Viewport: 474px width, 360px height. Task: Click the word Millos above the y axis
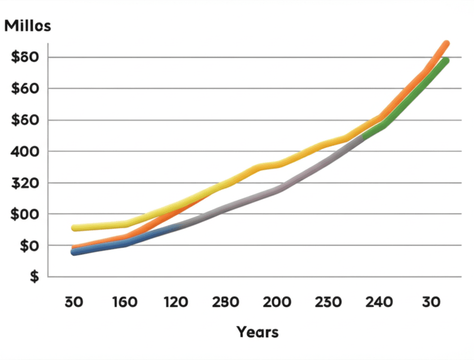(27, 26)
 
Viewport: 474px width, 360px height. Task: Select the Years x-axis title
(257, 332)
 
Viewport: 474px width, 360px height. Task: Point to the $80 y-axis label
(23, 57)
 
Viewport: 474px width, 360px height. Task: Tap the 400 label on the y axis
(23, 151)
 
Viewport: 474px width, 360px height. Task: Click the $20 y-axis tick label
(23, 183)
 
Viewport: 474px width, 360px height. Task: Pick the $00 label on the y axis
(23, 214)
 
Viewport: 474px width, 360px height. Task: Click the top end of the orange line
(446, 43)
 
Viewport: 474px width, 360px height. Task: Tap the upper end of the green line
(446, 61)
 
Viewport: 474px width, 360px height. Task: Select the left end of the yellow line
(74, 228)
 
